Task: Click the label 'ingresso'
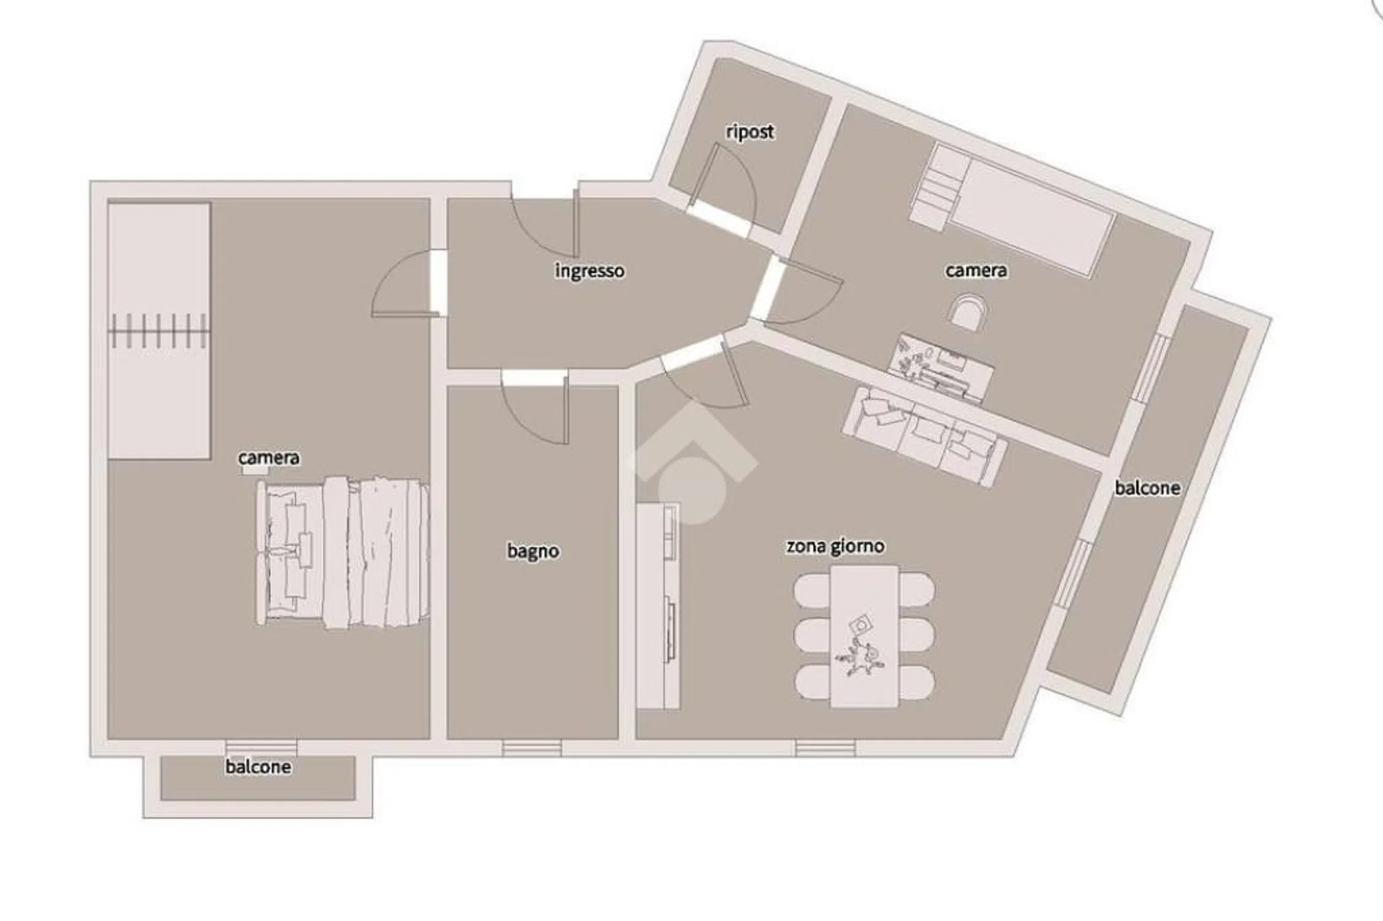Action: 590,271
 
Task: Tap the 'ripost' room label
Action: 750,131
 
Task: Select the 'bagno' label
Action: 533,551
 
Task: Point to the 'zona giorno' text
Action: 835,546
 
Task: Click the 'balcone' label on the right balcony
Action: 1147,488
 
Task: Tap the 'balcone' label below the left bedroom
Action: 258,767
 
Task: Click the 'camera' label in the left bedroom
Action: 269,458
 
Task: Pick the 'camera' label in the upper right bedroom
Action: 976,271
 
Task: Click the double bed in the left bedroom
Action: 343,553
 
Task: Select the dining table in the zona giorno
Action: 865,637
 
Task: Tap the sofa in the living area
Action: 925,435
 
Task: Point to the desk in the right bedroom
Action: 941,367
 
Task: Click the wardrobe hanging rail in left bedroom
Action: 158,332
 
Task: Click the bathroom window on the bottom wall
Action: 532,748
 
